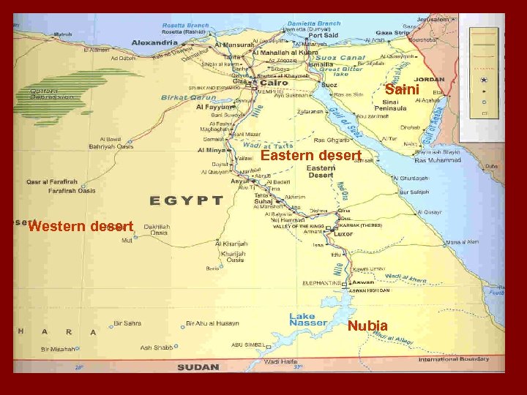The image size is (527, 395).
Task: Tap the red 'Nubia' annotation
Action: pos(367,326)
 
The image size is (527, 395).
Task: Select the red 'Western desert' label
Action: pos(81,226)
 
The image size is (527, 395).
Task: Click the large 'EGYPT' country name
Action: pos(187,200)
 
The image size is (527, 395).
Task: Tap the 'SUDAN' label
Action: pos(198,366)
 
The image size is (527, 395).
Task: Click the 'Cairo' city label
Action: pos(274,83)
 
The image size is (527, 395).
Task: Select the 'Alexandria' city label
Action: pos(154,43)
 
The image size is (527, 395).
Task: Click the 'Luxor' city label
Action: pos(343,234)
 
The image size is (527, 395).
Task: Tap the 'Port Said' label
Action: pos(323,35)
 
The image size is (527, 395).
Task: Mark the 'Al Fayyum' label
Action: pos(213,107)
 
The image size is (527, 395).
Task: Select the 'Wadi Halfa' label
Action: pos(281,361)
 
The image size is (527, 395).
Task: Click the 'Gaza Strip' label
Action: pos(393,33)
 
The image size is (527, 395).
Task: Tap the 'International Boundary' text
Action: pos(454,359)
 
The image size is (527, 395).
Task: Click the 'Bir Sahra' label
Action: pos(127,323)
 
